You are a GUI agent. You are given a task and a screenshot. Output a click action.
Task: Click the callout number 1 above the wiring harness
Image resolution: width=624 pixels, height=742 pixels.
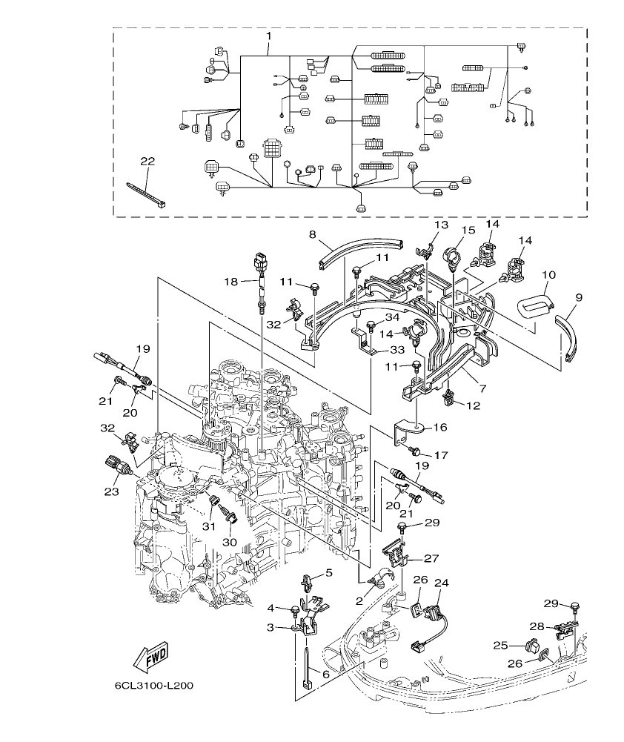(x=268, y=36)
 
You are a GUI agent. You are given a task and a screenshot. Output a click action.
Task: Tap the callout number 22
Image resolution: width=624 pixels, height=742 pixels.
(x=148, y=161)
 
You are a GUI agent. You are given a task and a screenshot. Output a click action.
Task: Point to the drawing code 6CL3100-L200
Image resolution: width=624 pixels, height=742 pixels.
(x=154, y=686)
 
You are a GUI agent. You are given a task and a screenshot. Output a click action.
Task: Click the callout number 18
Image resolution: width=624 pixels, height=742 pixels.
(x=230, y=281)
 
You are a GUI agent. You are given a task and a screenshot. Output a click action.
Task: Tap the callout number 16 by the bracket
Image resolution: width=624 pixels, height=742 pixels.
(x=439, y=428)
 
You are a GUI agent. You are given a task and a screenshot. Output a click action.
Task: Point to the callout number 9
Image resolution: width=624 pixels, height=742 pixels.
(x=578, y=297)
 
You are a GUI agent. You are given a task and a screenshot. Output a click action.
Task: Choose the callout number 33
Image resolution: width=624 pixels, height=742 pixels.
(x=397, y=349)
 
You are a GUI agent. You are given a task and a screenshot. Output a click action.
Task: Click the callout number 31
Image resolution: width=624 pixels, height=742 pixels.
(x=209, y=526)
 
